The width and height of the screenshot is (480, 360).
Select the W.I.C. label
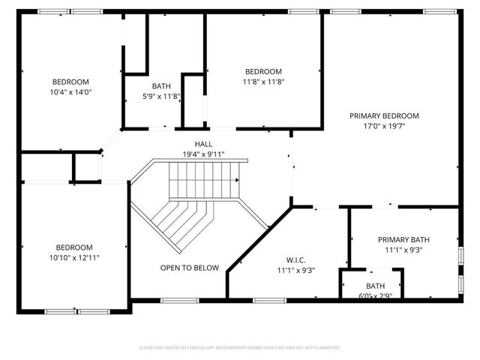pyautogui.click(x=295, y=259)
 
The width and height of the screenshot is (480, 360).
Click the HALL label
pyautogui.click(x=204, y=144)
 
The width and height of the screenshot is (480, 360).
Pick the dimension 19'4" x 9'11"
pyautogui.click(x=204, y=154)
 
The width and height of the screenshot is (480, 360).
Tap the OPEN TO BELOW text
pyautogui.click(x=190, y=268)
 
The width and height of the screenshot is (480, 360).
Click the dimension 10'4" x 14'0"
pyautogui.click(x=70, y=92)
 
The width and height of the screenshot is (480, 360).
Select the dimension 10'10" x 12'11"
pyautogui.click(x=73, y=258)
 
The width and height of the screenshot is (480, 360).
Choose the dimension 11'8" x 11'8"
pyautogui.click(x=263, y=82)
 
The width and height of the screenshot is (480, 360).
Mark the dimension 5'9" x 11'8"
pyautogui.click(x=161, y=96)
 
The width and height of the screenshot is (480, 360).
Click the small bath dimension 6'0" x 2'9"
pyautogui.click(x=374, y=295)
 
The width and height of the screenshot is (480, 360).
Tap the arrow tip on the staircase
pyautogui.click(x=238, y=180)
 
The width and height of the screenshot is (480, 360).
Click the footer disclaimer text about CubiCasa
pyautogui.click(x=240, y=348)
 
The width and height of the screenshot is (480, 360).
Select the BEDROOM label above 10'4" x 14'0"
pyautogui.click(x=70, y=82)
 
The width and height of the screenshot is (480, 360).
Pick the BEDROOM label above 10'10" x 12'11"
pyautogui.click(x=73, y=247)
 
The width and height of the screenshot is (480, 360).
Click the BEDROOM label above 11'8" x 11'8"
pyautogui.click(x=263, y=71)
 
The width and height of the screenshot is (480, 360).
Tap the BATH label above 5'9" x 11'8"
pyautogui.click(x=161, y=86)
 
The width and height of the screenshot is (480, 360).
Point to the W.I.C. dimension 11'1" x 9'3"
pyautogui.click(x=295, y=270)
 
